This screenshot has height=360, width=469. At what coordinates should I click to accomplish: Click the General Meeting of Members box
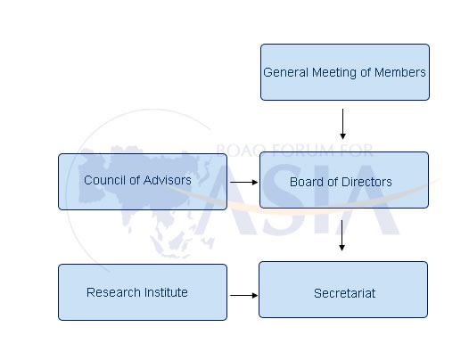[x=345, y=72]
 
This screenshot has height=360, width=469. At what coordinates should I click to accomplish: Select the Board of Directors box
[x=344, y=180]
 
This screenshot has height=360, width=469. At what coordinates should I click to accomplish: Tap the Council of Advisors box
[x=143, y=182]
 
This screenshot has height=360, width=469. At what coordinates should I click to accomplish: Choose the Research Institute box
[x=143, y=292]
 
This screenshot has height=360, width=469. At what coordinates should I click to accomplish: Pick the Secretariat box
[x=343, y=290]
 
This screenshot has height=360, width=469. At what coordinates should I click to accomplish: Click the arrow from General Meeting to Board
[x=342, y=124]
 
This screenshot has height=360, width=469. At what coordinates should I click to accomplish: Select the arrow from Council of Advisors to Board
[x=243, y=182]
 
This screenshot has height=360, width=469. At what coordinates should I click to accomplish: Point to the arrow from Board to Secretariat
[x=341, y=235]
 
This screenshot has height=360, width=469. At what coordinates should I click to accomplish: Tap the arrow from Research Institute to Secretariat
[x=243, y=296]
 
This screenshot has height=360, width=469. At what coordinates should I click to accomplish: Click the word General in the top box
[x=285, y=72]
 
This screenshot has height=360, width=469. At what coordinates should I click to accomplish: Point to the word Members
[x=400, y=72]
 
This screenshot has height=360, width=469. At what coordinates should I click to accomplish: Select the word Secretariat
[x=344, y=293]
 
